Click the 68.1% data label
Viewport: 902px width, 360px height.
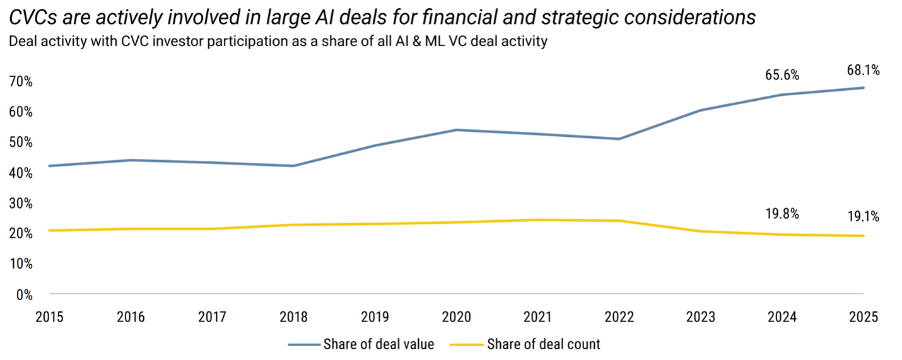pos(864,71)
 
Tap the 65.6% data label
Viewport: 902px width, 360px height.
pos(782,76)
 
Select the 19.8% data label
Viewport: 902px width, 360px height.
pos(782,214)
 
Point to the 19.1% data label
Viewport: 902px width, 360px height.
pos(864,217)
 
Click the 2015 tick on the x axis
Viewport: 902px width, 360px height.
pos(50,317)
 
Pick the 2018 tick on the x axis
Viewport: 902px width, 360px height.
pos(294,317)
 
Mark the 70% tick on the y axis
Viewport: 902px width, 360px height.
pos(20,81)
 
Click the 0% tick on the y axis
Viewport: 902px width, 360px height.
pos(23,294)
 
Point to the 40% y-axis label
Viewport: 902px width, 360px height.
pos(20,173)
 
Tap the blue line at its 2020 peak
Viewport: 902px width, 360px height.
pos(457,130)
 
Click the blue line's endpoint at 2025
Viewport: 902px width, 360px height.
pos(864,88)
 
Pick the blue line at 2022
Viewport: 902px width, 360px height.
pos(619,139)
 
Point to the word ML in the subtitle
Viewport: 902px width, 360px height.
pos(431,42)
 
